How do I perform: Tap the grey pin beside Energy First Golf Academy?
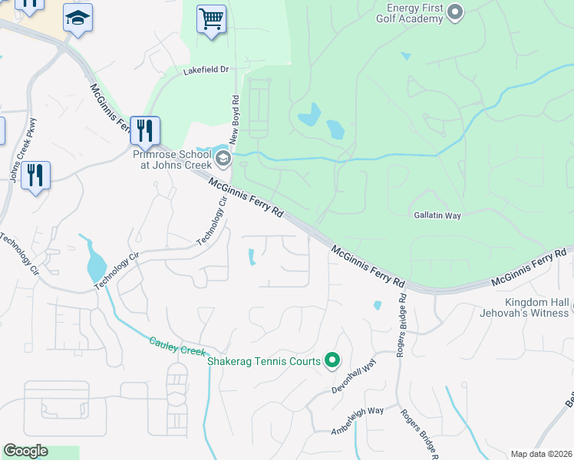[x=455, y=11]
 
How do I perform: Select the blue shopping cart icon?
[x=211, y=20]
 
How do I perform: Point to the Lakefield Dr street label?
[x=206, y=70]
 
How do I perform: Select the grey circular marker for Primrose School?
[x=223, y=159]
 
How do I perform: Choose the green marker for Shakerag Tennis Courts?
[x=332, y=360]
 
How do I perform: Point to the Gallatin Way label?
[x=437, y=216]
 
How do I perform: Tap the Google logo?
[x=25, y=451]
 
